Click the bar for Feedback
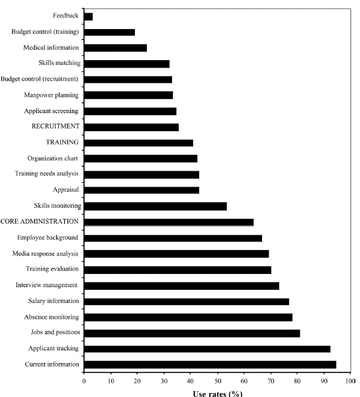89,17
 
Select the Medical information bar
115,48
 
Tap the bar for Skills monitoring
156,206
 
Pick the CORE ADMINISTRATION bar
169,222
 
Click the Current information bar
210,365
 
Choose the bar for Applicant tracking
207,349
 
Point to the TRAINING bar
138,143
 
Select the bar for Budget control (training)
109,32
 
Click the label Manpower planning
52,95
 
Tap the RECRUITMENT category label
56,126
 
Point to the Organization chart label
53,159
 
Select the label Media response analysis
45,253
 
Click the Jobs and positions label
56,332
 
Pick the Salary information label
54,301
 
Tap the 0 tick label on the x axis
84,381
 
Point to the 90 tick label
324,381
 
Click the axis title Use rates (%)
218,393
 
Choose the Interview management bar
181,286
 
